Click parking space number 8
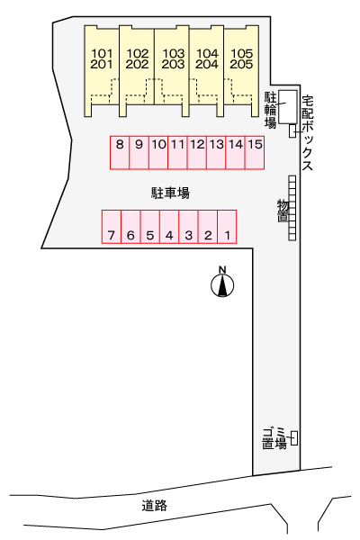click(x=120, y=153)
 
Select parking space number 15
click(x=255, y=153)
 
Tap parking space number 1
click(x=227, y=227)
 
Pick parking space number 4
click(x=169, y=227)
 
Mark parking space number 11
click(x=178, y=153)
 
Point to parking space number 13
click(x=216, y=153)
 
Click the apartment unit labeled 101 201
click(x=102, y=70)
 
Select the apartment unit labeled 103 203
click(x=172, y=70)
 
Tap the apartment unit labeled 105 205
click(x=241, y=70)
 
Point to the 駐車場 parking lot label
click(x=170, y=193)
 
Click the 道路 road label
click(x=154, y=506)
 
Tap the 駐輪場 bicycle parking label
click(x=270, y=110)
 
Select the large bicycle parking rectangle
click(x=288, y=107)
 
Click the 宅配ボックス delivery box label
click(x=308, y=133)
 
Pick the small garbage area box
click(x=294, y=438)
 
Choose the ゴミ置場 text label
click(x=274, y=438)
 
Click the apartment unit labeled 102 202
click(x=137, y=70)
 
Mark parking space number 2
click(x=208, y=227)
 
